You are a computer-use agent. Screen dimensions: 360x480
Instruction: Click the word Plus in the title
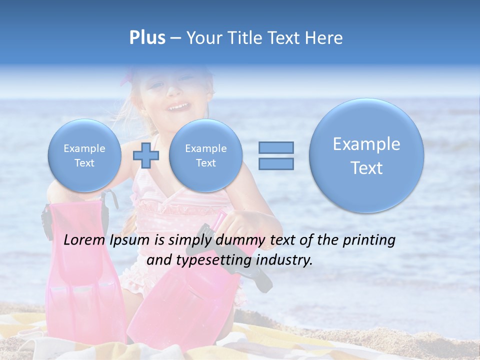[x=147, y=38]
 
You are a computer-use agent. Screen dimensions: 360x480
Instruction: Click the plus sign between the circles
[x=145, y=155]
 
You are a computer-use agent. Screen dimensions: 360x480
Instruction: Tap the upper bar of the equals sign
[x=275, y=147]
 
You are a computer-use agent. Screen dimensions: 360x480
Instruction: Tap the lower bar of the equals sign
[x=275, y=163]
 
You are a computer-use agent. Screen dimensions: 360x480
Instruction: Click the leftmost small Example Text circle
[x=84, y=155]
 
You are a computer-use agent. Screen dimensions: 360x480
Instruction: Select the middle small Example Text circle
[x=205, y=155]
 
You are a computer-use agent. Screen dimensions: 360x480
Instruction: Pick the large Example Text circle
[x=366, y=155]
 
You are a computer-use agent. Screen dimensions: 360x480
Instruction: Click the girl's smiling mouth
[x=178, y=106]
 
